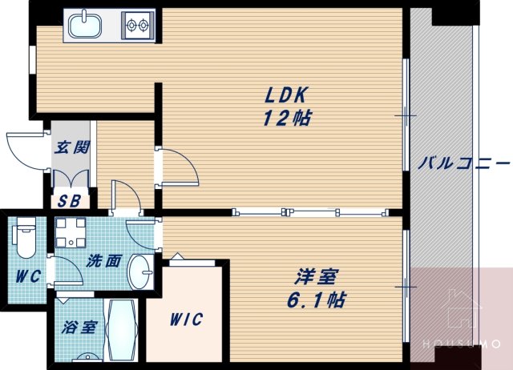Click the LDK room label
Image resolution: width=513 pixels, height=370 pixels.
pyautogui.click(x=287, y=95)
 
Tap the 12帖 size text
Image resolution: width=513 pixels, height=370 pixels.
pyautogui.click(x=287, y=118)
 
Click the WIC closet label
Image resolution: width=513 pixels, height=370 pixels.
pyautogui.click(x=185, y=319)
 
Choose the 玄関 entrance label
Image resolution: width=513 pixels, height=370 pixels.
pyautogui.click(x=71, y=148)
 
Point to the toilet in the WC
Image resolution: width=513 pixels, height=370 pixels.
pyautogui.click(x=26, y=237)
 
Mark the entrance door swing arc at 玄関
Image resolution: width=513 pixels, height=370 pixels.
pyautogui.click(x=24, y=148)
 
